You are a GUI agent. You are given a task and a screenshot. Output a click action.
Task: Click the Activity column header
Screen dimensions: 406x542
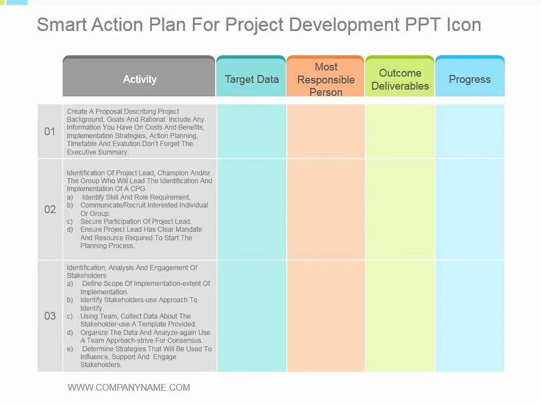(x=139, y=80)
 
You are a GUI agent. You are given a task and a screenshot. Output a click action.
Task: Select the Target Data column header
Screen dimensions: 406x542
(x=252, y=80)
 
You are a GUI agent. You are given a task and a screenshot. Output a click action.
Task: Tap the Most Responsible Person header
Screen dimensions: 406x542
(x=326, y=80)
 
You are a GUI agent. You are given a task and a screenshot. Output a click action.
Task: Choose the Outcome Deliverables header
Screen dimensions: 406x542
(x=400, y=80)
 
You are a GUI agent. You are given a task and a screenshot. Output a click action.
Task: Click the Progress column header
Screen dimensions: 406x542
(x=470, y=80)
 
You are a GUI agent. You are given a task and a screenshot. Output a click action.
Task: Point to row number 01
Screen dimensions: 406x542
(x=50, y=132)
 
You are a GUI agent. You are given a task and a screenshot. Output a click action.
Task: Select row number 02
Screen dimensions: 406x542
(x=50, y=210)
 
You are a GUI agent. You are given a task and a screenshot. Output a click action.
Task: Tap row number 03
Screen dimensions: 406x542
(x=50, y=316)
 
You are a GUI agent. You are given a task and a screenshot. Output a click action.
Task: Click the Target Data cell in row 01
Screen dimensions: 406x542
(x=252, y=131)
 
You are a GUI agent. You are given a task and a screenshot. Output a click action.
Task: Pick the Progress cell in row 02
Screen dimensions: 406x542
(x=470, y=209)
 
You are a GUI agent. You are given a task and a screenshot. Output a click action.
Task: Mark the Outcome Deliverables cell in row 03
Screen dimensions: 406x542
(x=400, y=316)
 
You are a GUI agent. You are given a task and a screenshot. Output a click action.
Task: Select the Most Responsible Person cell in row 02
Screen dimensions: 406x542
(x=326, y=209)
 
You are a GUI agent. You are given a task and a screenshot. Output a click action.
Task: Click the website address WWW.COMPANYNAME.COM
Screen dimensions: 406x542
(x=129, y=387)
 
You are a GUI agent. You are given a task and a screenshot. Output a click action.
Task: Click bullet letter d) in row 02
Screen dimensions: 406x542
(x=69, y=230)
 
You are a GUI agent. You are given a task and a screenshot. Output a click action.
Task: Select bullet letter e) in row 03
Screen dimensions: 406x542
(x=69, y=349)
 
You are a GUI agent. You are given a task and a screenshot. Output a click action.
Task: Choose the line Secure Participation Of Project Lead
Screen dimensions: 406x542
(x=136, y=222)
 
